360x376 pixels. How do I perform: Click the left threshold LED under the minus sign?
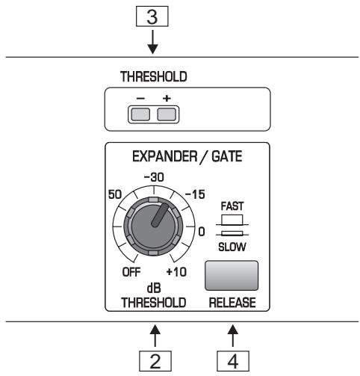pos(139,114)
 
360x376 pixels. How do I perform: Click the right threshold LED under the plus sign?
pos(167,114)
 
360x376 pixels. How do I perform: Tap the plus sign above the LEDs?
pos(167,99)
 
